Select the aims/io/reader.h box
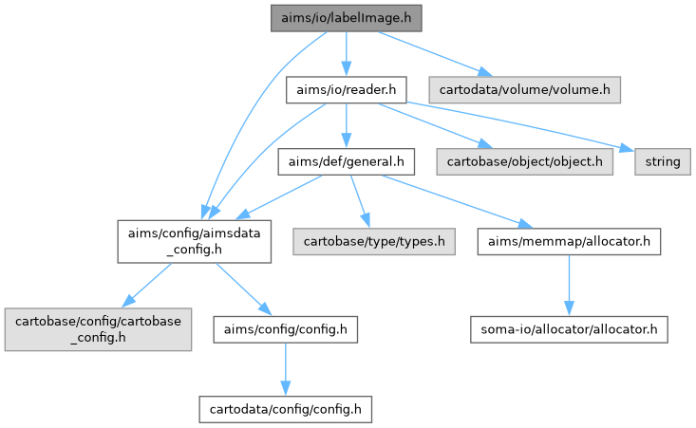(x=347, y=90)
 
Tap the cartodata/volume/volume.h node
(x=524, y=90)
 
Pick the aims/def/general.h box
(x=347, y=162)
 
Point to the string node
(x=658, y=162)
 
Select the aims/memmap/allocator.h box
(x=569, y=242)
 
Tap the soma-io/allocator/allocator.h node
(x=568, y=329)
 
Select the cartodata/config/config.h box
(x=285, y=409)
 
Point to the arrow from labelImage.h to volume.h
(x=432, y=53)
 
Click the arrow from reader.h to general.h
(x=347, y=126)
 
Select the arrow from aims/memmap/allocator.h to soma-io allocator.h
(x=569, y=286)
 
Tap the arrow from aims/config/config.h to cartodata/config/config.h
(x=285, y=369)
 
